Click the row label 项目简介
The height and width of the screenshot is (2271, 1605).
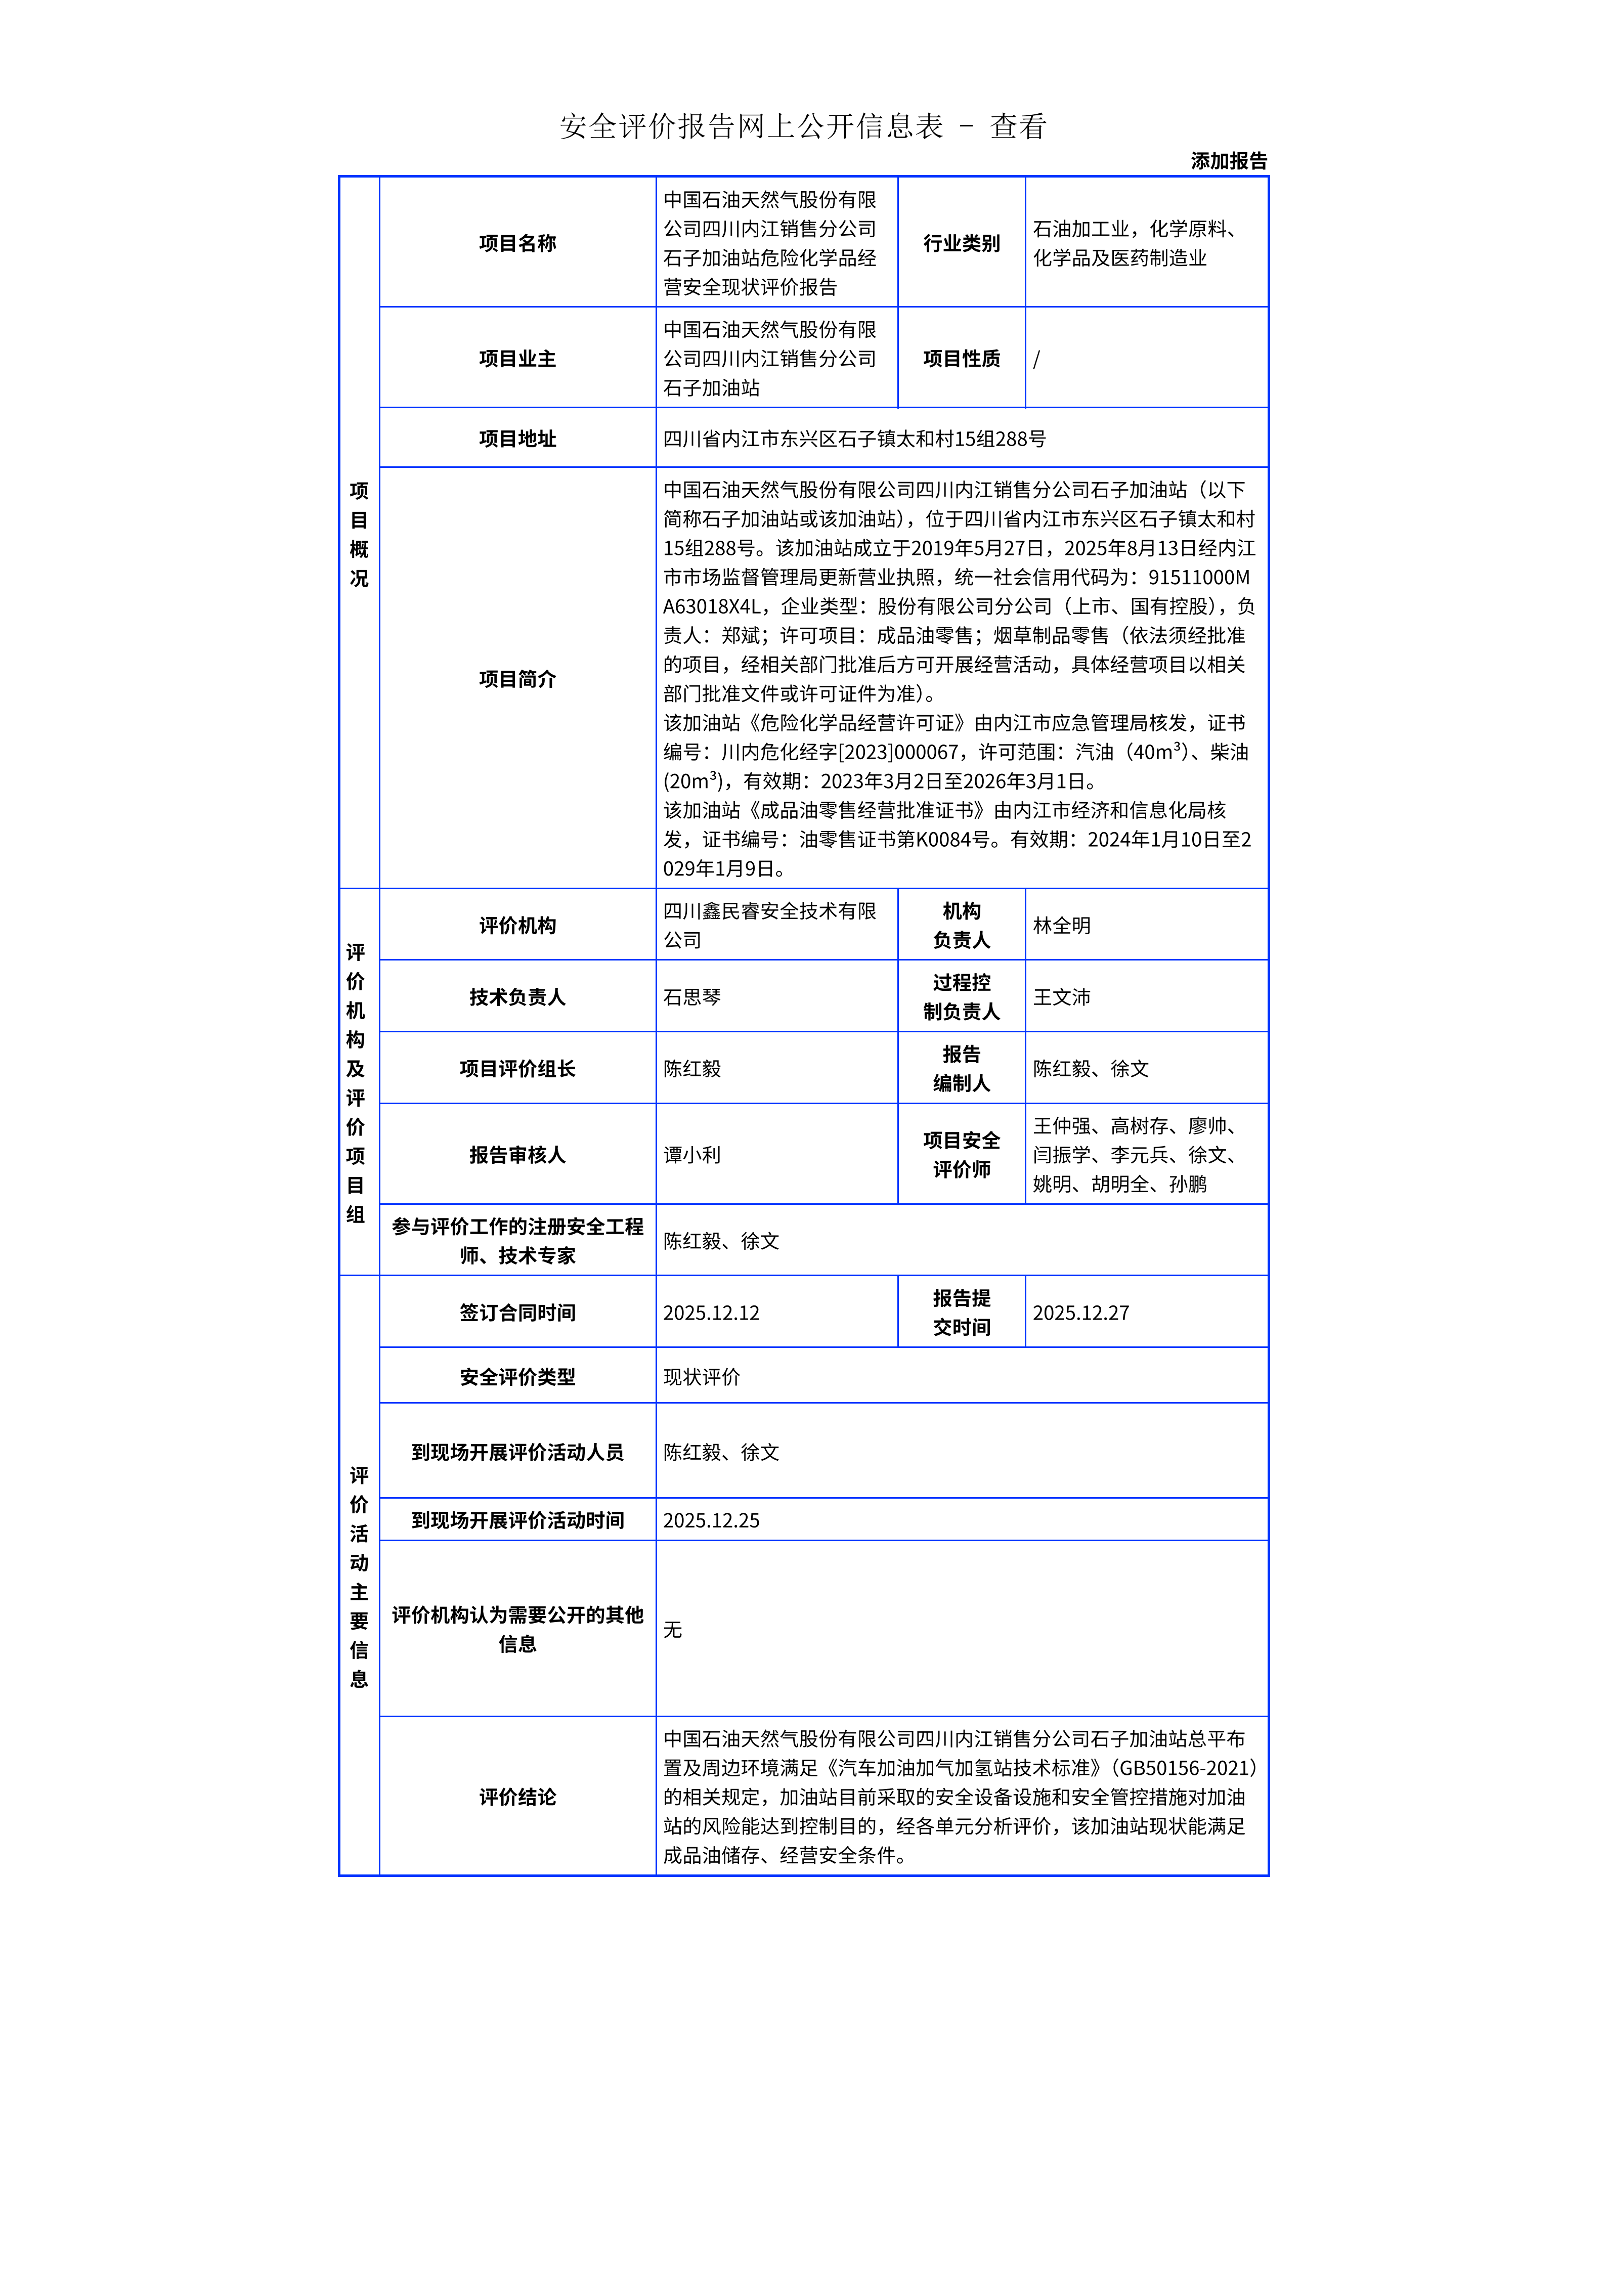click(517, 679)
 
